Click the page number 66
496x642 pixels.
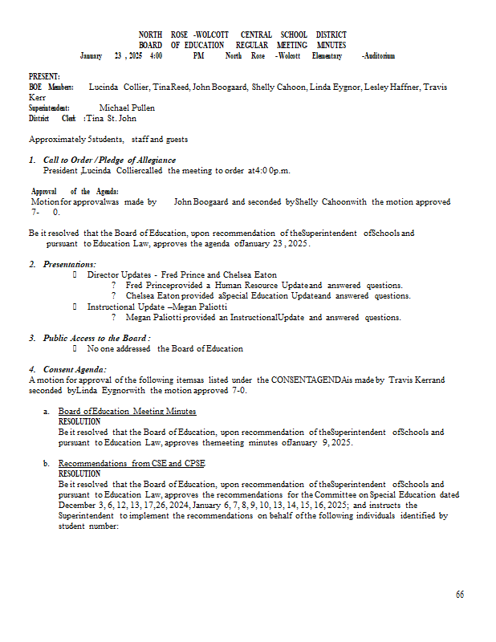460,595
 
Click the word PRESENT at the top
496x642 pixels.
44,75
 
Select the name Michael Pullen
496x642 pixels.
127,108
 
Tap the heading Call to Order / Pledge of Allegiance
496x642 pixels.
109,160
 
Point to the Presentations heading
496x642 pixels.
69,264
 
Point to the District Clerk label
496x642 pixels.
52,118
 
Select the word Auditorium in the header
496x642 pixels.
378,55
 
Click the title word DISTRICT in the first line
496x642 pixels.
331,35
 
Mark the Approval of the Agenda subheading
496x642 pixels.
75,191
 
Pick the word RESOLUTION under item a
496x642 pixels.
79,421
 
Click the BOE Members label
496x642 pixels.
51,87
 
